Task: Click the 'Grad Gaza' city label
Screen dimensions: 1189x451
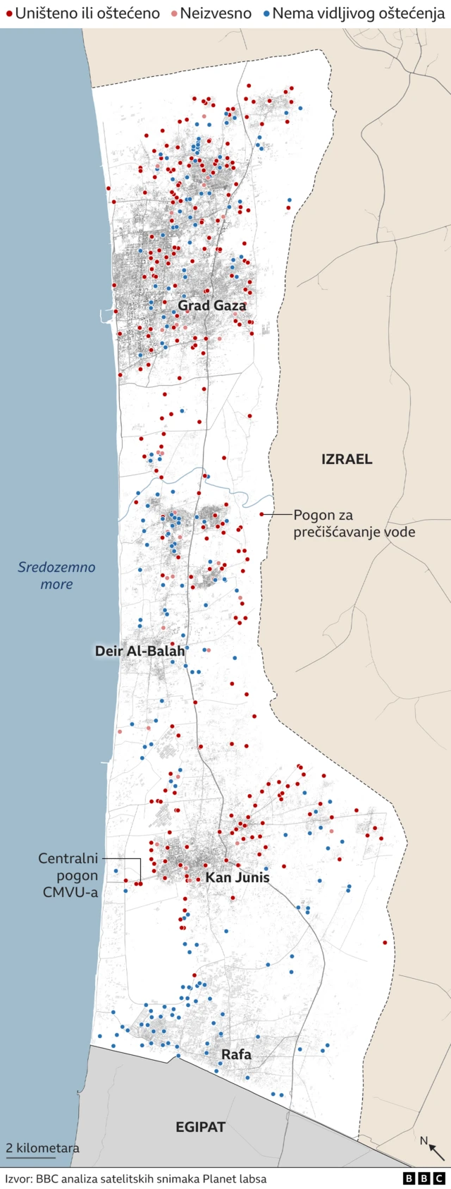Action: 211,305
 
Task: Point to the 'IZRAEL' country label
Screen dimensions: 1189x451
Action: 347,459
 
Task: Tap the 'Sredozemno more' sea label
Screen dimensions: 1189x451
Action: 56,575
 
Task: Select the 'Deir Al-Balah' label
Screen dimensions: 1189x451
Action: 140,651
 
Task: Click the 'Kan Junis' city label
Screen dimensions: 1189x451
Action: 237,877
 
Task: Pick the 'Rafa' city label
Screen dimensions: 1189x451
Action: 236,1054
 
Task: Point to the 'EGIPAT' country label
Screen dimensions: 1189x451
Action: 200,1127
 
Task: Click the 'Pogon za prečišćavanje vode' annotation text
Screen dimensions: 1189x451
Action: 354,523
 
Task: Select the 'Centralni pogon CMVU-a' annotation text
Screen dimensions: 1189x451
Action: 68,875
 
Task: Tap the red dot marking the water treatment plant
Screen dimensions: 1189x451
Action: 261,514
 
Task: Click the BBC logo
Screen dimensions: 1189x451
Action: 424,1178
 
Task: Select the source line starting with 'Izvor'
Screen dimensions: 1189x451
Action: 136,1178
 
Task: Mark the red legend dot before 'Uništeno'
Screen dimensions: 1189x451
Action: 9,13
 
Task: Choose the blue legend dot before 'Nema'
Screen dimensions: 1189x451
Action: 266,13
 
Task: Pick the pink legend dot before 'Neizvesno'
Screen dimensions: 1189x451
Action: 173,13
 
